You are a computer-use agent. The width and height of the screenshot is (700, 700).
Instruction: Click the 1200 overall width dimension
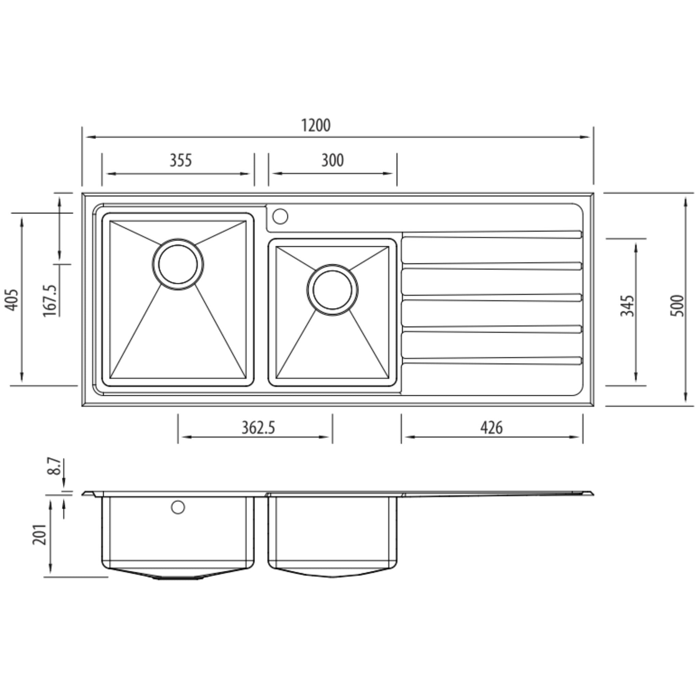tap(315, 125)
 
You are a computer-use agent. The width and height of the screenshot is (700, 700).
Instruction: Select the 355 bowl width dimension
tap(180, 160)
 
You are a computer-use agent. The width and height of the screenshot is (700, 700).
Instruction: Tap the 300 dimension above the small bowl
tap(332, 160)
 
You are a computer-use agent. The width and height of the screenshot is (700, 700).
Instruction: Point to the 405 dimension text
tap(12, 300)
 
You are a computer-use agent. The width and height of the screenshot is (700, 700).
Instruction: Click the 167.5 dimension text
tap(50, 301)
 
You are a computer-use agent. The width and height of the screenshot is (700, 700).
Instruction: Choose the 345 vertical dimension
tap(627, 306)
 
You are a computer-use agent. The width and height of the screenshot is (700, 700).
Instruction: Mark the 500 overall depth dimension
tap(677, 306)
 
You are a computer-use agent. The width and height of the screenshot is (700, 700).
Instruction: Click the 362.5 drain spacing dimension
tap(258, 428)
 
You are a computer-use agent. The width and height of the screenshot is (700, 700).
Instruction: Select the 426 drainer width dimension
tap(491, 428)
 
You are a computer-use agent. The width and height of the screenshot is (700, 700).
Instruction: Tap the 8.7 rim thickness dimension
tap(55, 466)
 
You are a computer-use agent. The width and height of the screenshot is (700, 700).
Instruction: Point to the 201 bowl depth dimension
tap(40, 535)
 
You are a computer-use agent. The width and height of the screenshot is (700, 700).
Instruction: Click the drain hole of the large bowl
tap(178, 264)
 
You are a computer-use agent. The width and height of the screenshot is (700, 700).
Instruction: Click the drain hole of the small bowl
tap(332, 290)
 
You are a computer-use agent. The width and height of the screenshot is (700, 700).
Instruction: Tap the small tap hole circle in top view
tap(280, 216)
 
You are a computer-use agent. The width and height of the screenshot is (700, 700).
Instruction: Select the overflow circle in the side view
tap(178, 507)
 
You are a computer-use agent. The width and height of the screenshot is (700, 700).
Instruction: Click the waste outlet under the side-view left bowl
tap(178, 578)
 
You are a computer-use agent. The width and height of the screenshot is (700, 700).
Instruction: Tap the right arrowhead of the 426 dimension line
tap(577, 437)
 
